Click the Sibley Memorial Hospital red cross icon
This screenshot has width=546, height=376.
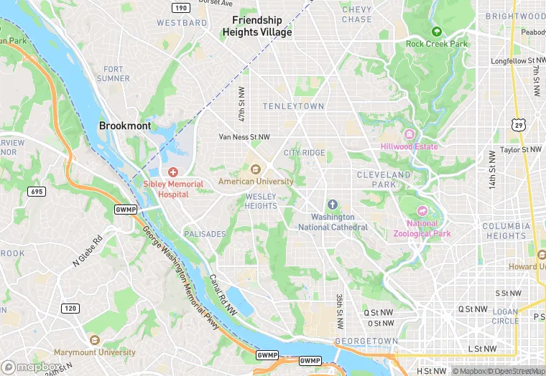[x=172, y=172]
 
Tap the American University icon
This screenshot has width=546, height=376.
[x=255, y=169]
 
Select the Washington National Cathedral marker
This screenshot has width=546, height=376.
[x=332, y=205]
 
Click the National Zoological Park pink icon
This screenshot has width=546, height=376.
[x=422, y=211]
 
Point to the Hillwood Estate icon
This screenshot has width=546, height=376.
[x=409, y=134]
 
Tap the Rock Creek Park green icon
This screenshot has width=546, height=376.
[x=436, y=32]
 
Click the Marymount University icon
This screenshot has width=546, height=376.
[x=94, y=340]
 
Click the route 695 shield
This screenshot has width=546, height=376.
[x=36, y=191]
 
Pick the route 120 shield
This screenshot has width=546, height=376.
[x=70, y=309]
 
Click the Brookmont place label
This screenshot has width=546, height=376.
[x=125, y=126]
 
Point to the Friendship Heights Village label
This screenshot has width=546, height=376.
[x=257, y=27]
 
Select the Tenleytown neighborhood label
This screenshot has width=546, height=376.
[x=293, y=106]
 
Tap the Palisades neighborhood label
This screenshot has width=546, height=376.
[x=205, y=234]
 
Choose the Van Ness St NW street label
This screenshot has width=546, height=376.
[x=244, y=136]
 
